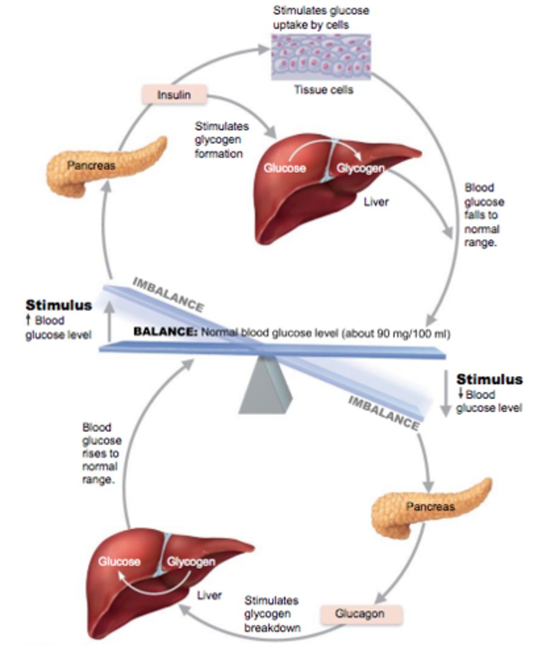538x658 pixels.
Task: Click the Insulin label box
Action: point(174,94)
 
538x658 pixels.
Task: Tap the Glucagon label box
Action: point(361,613)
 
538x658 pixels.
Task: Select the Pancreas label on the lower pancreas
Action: point(431,506)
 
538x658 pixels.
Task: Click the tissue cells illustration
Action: point(321,57)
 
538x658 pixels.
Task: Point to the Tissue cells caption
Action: point(324,90)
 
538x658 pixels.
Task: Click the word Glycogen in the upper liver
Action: point(360,168)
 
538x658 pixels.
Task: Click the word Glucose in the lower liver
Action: point(120,561)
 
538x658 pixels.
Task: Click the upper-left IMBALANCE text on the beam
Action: point(168,294)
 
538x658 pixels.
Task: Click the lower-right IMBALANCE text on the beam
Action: point(384,411)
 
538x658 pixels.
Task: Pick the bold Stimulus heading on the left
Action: point(59,305)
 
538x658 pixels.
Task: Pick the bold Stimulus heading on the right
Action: point(489,379)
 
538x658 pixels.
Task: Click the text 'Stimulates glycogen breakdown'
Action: point(272,614)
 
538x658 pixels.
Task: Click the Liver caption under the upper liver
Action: point(376,202)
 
